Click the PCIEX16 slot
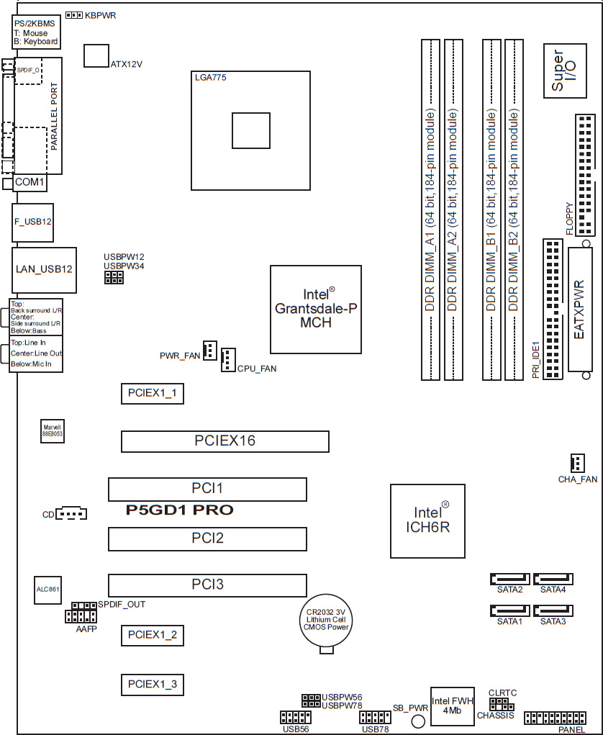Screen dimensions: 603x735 (x=225, y=441)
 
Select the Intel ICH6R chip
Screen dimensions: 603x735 (x=427, y=520)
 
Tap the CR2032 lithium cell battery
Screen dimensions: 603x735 (x=326, y=621)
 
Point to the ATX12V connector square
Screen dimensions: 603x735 (x=96, y=55)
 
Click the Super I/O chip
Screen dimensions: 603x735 (x=565, y=71)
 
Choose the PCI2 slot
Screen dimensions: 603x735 (x=207, y=538)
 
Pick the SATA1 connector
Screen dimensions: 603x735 (x=509, y=610)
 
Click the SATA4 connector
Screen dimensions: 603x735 (x=553, y=579)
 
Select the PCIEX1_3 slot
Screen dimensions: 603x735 (x=153, y=685)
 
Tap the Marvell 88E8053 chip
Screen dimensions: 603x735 (x=52, y=430)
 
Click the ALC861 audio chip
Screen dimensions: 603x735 (x=47, y=589)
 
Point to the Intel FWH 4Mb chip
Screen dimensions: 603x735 (x=452, y=706)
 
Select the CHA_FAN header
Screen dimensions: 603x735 (x=578, y=463)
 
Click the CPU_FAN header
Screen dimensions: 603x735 (x=228, y=360)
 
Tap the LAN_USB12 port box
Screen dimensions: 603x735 (x=44, y=269)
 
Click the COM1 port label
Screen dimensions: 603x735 (x=30, y=182)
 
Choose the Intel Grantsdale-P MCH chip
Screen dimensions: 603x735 (x=316, y=310)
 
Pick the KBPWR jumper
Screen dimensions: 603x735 (x=74, y=15)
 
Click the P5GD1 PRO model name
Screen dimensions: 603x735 (x=179, y=510)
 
